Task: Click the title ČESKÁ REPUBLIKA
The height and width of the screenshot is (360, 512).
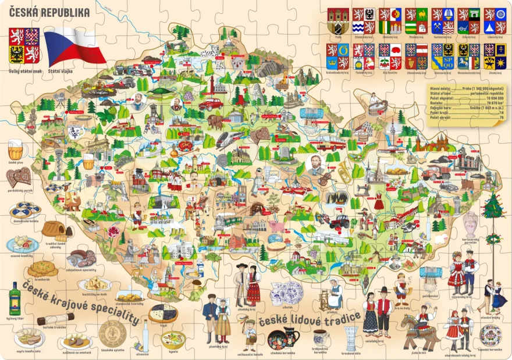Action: click(x=49, y=12)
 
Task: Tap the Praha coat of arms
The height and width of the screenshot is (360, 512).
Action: click(x=338, y=21)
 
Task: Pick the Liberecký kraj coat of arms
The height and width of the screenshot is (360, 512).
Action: click(x=494, y=21)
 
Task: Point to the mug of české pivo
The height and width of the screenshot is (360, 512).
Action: click(x=17, y=150)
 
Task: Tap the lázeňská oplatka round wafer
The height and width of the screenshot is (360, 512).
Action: click(x=112, y=334)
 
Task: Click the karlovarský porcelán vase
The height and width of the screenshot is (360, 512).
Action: click(x=470, y=223)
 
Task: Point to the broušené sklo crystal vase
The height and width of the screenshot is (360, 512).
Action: click(x=351, y=338)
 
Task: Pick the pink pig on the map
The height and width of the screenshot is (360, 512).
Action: click(x=274, y=226)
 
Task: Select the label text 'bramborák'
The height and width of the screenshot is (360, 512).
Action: click(x=42, y=279)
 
